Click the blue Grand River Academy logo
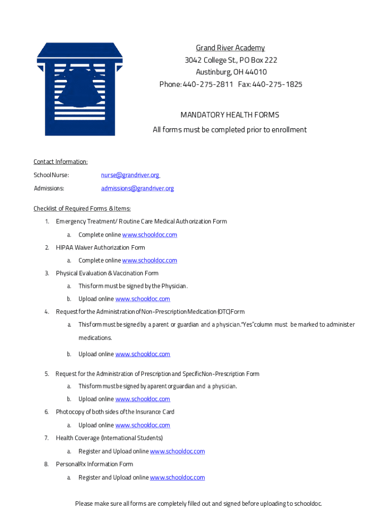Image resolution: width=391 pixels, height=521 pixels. pos(79,89)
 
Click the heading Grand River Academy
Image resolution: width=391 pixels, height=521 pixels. pos(231,48)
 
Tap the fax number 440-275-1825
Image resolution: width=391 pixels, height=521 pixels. pos(277,84)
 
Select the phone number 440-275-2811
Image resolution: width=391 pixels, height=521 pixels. pos(206,84)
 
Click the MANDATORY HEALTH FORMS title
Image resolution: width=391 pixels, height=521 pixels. pos(230,115)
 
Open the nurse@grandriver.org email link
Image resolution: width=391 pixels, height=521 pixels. pos(130,175)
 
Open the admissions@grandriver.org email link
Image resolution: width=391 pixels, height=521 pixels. pos(137,188)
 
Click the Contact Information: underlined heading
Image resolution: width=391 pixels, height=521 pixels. pos(60,162)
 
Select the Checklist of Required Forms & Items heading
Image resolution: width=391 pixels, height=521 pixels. pos(82,209)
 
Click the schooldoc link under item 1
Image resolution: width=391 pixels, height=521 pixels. pos(150,235)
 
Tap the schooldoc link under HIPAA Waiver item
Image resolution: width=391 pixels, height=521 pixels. pos(150,260)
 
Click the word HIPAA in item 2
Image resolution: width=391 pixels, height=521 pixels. pos(64,248)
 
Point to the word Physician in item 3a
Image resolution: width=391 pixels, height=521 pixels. pos(173,286)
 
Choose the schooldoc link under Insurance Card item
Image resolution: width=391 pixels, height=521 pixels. pos(143,425)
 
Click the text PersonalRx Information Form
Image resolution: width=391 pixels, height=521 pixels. pos(94,464)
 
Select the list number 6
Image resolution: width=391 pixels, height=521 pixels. pos(46,412)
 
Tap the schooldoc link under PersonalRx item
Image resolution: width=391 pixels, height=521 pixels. pos(177,477)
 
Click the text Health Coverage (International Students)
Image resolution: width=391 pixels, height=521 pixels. pos(109,438)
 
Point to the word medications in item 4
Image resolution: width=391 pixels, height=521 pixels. pos(95,338)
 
